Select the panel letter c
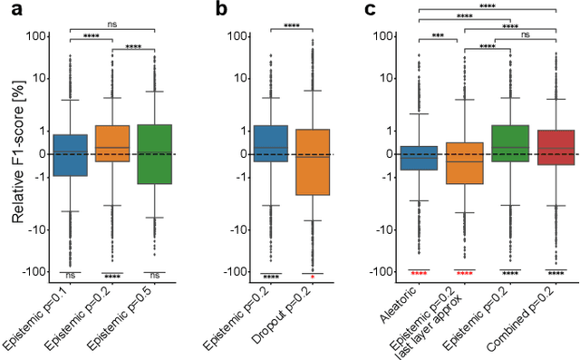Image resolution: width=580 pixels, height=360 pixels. point(371,10)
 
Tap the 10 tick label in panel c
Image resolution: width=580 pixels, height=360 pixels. point(395,78)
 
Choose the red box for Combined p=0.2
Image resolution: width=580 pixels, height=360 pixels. point(555,147)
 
